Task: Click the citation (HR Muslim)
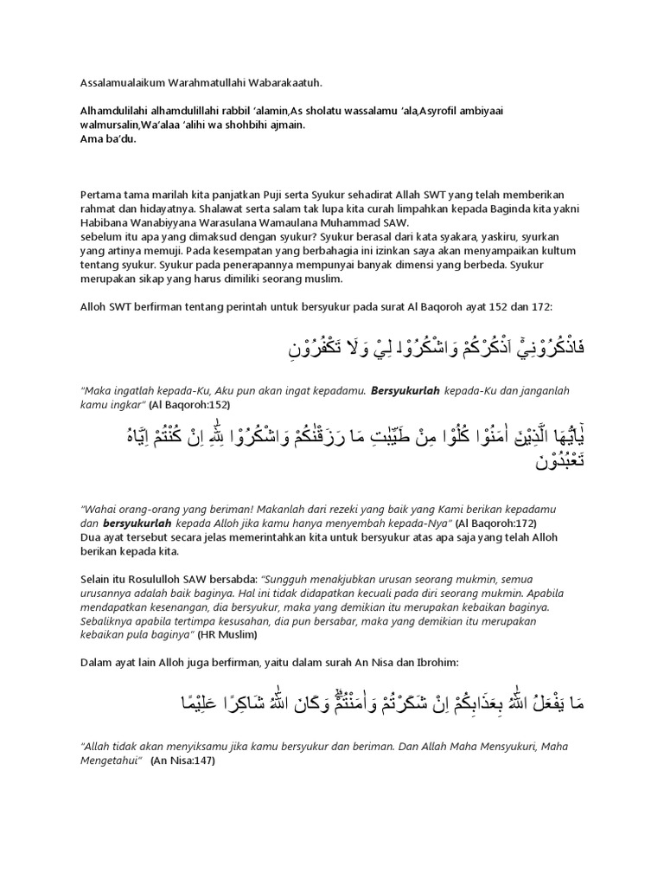click(227, 634)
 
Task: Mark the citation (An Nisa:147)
click(182, 761)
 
